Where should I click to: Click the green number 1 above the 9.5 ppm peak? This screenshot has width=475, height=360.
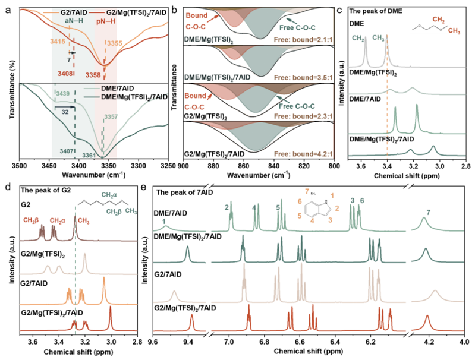[x=164, y=221]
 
